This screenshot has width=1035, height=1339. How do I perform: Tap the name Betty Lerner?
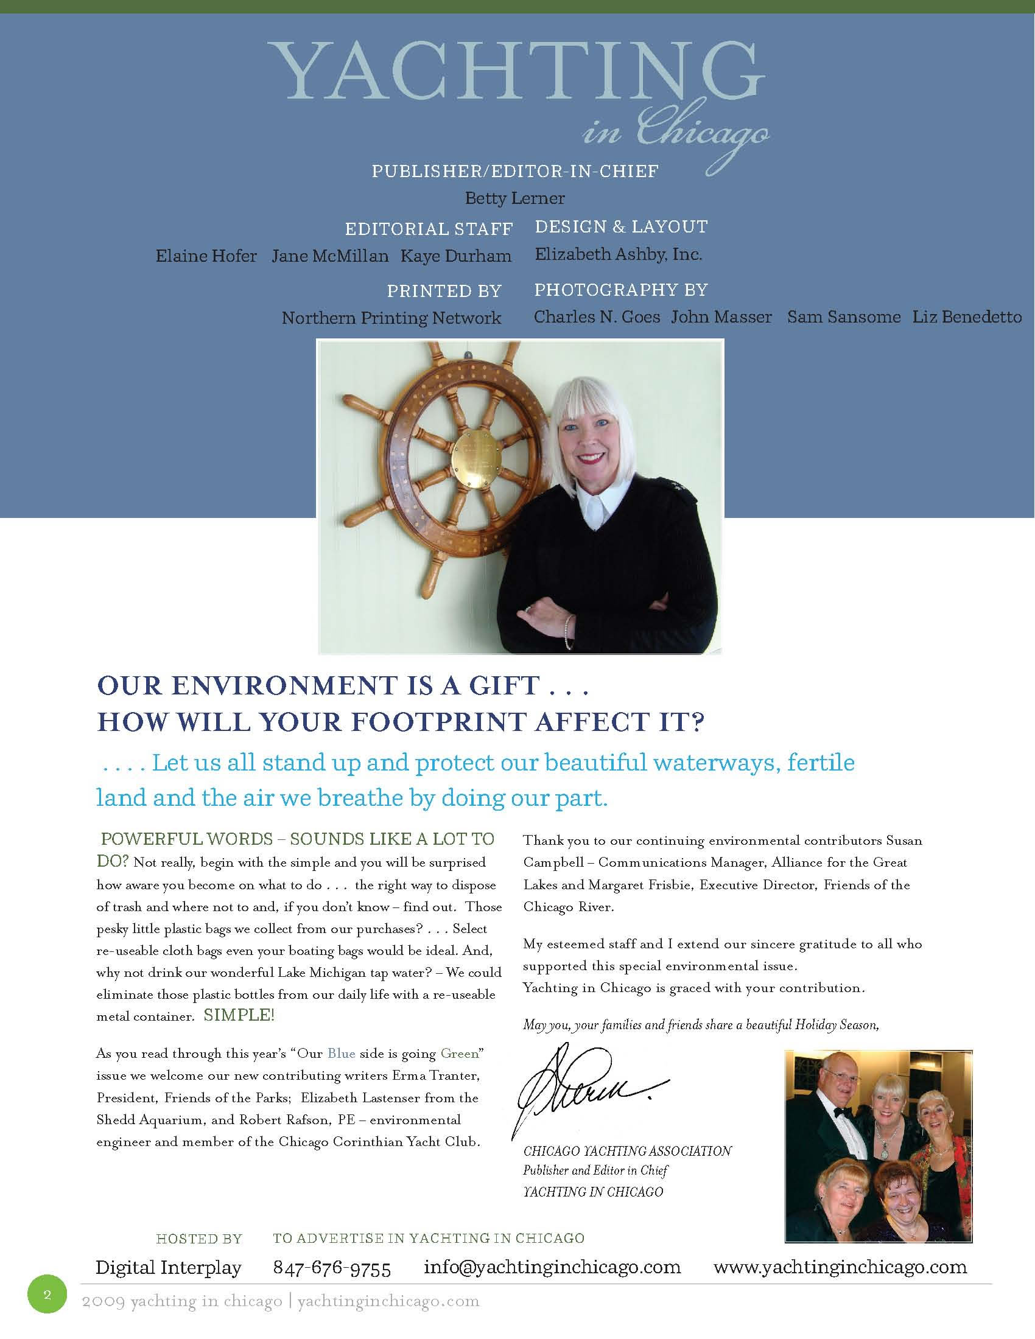(514, 198)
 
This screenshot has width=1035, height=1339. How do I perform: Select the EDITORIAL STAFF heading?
(429, 229)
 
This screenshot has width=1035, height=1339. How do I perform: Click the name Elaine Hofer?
(206, 256)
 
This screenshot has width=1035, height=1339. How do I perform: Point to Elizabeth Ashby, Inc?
(618, 254)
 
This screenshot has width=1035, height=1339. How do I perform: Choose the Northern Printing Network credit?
(391, 318)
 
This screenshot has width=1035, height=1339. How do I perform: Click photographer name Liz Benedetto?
(966, 316)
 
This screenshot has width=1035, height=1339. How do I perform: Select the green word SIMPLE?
(239, 1015)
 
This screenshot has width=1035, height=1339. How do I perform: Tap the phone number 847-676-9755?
(332, 1268)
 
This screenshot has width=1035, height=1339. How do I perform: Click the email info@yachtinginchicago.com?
(552, 1267)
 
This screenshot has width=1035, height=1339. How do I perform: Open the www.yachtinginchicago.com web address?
(840, 1267)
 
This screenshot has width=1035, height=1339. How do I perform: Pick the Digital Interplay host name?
(169, 1267)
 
